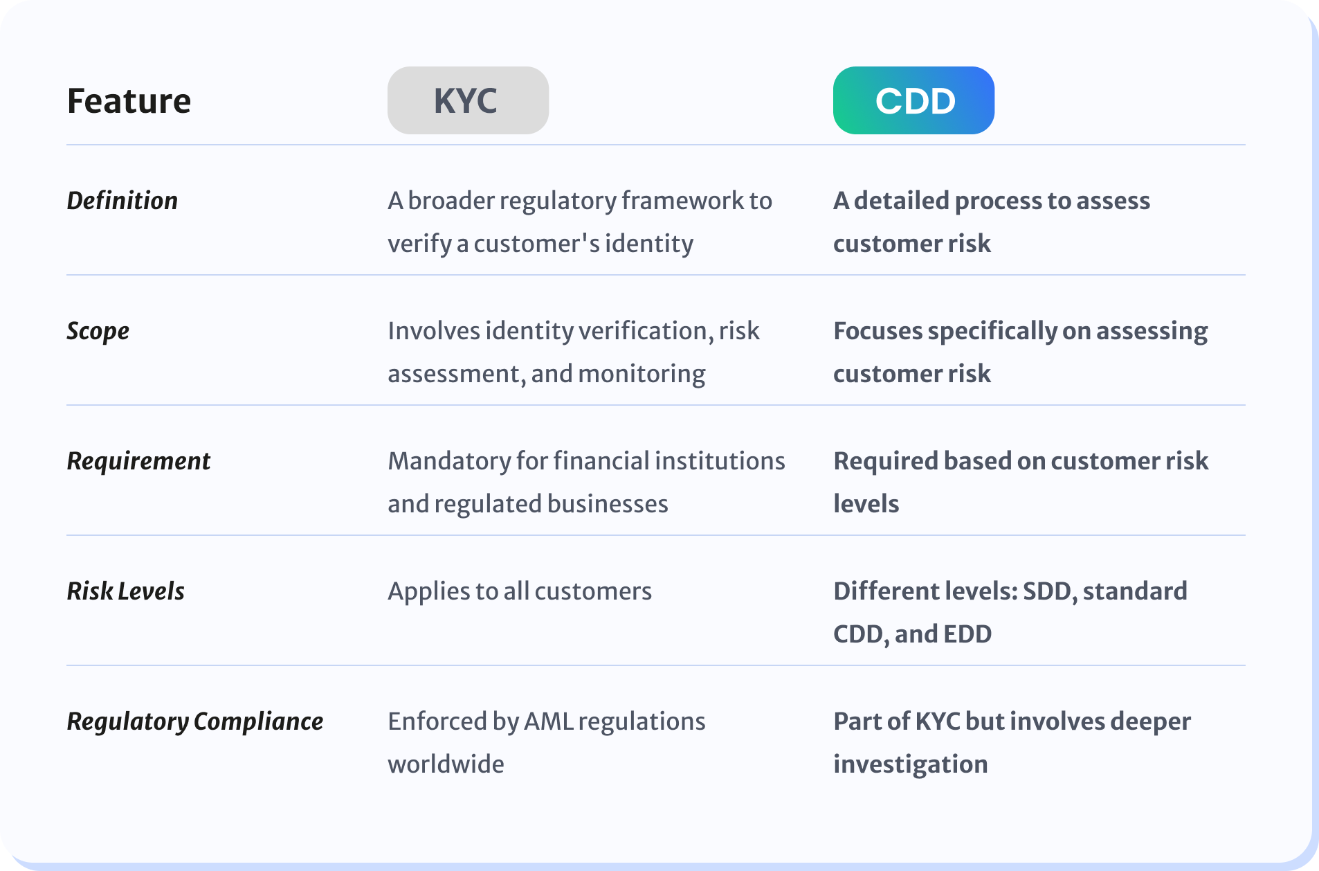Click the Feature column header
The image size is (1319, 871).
point(129,101)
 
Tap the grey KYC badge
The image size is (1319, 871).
point(468,100)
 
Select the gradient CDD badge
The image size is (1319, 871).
point(913,100)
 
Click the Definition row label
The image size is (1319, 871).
point(122,201)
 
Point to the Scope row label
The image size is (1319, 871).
point(98,332)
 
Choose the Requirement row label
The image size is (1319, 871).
point(138,461)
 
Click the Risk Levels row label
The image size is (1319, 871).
point(126,591)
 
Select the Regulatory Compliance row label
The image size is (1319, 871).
point(195,722)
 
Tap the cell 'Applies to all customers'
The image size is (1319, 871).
point(520,591)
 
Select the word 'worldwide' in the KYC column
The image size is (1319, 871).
point(446,764)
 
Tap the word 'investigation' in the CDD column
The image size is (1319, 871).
point(911,765)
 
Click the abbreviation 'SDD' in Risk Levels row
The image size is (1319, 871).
point(1048,592)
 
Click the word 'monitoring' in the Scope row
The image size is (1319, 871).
point(642,375)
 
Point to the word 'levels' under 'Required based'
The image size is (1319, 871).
point(866,504)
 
